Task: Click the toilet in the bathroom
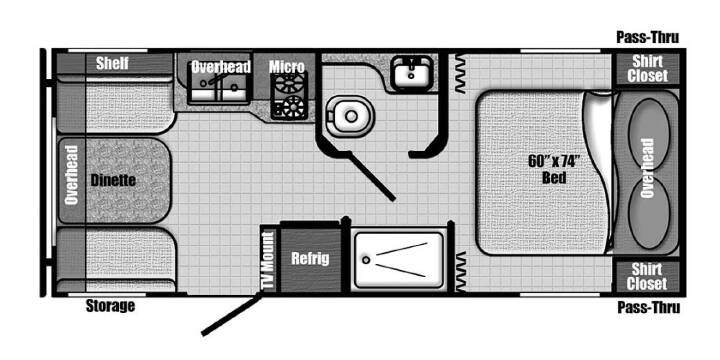click(x=350, y=116)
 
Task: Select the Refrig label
click(x=310, y=259)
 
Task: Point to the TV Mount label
click(x=268, y=260)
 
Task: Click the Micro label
click(x=287, y=67)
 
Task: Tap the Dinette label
click(x=113, y=180)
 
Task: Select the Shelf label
click(x=112, y=63)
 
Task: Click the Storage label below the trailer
click(x=110, y=305)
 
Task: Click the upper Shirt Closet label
click(x=647, y=69)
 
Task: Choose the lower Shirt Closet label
click(x=647, y=276)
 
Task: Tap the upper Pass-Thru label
click(x=647, y=37)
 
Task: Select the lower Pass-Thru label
click(x=648, y=307)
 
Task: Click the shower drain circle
click(x=366, y=260)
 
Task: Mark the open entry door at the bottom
click(x=232, y=314)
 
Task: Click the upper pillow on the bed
click(x=648, y=134)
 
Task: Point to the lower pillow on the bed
click(x=648, y=213)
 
